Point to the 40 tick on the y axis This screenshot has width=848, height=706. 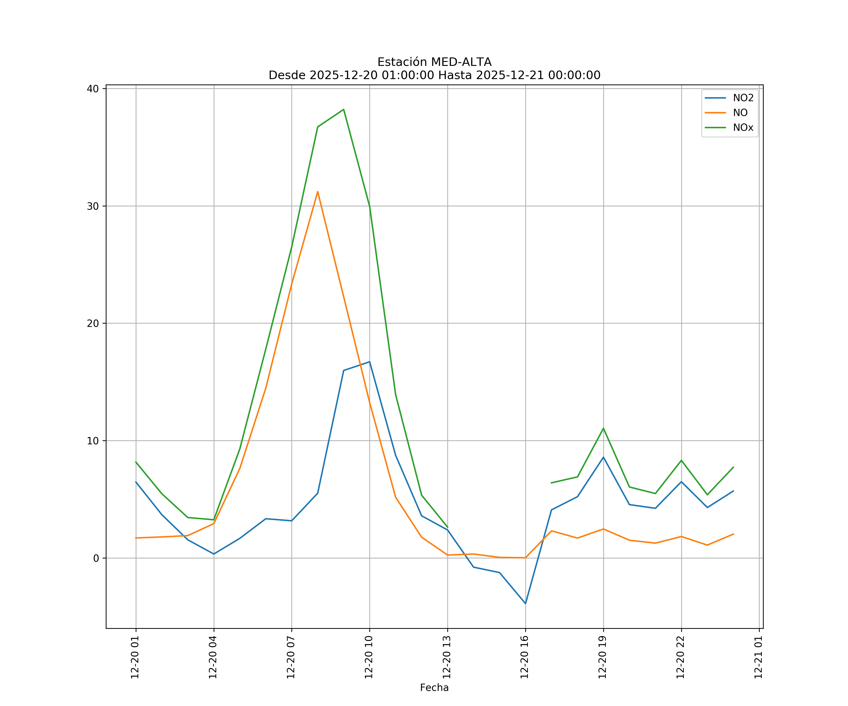point(93,89)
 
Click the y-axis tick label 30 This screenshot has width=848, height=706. point(93,206)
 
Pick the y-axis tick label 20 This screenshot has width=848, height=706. point(93,324)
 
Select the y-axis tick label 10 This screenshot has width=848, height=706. point(93,441)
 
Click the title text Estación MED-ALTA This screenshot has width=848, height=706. point(434,62)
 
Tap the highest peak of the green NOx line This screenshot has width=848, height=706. point(344,109)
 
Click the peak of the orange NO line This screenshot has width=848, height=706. point(318,192)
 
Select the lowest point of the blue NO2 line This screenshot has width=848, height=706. point(525,604)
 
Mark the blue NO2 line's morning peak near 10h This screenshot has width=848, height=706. point(370,362)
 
